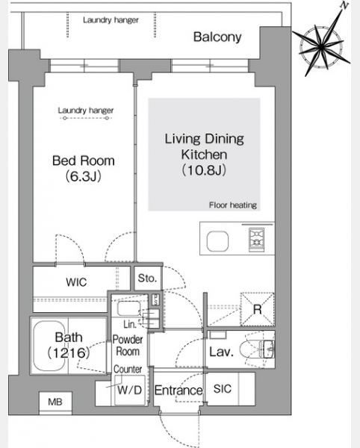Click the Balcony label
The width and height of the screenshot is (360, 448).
217,37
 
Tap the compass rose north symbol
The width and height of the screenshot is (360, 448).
321,44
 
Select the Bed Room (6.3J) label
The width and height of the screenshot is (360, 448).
84,169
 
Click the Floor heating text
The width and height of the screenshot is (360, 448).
233,205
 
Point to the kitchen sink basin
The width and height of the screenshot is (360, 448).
217,241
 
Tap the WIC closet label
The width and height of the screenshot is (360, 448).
76,282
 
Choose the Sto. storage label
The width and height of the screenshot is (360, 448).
147,278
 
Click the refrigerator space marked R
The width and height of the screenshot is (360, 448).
258,309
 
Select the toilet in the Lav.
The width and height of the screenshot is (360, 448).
256,349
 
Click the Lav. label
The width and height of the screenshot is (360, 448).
221,352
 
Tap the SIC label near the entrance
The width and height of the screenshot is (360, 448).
223,388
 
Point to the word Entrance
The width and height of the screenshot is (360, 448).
179,391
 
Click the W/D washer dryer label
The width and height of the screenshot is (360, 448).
129,390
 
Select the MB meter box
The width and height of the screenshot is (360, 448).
55,402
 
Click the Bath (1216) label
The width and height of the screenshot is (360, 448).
69,345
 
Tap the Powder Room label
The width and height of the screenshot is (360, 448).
128,346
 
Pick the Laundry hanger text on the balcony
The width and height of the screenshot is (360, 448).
111,20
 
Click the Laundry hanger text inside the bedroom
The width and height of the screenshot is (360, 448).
86,111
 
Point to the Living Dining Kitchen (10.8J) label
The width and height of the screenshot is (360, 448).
205,155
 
